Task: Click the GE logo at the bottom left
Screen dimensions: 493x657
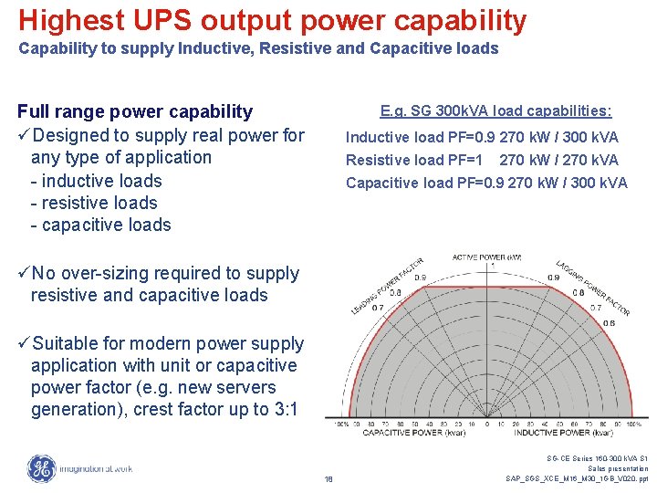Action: [x=41, y=468]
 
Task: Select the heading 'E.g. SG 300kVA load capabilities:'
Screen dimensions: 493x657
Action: [x=495, y=111]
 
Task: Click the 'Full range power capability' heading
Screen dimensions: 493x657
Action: [x=135, y=111]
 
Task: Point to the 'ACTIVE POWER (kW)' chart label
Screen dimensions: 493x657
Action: [x=486, y=257]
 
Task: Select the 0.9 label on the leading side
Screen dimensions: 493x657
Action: [x=421, y=278]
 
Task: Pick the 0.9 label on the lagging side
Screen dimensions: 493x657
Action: [x=554, y=278]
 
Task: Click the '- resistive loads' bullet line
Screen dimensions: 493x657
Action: [x=94, y=203]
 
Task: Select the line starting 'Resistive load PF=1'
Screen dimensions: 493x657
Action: [x=482, y=160]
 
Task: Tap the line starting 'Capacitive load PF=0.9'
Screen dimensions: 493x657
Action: [x=486, y=183]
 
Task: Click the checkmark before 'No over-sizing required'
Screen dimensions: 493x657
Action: [x=24, y=273]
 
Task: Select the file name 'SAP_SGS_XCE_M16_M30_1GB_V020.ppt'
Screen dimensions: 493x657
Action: [x=577, y=478]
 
